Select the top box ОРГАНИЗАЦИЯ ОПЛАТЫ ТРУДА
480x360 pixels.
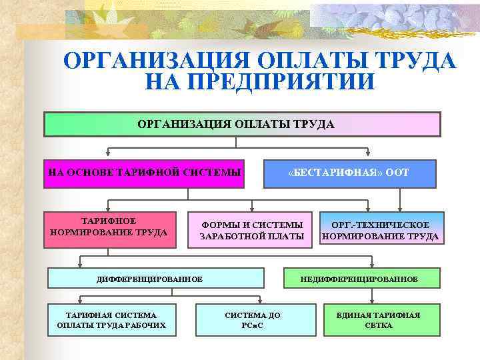click(x=242, y=125)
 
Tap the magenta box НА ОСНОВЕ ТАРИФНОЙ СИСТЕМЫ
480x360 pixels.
click(x=144, y=173)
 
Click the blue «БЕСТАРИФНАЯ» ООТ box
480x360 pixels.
click(x=350, y=173)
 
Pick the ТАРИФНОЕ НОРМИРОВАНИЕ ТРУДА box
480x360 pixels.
click(x=109, y=227)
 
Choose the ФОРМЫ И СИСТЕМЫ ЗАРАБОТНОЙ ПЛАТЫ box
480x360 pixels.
click(x=252, y=230)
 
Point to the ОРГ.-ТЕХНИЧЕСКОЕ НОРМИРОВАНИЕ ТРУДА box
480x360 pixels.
click(x=380, y=230)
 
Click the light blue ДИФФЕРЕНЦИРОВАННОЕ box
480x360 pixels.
click(x=159, y=279)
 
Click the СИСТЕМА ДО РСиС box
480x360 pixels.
click(x=255, y=320)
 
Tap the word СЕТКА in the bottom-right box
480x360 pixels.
click(x=379, y=326)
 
